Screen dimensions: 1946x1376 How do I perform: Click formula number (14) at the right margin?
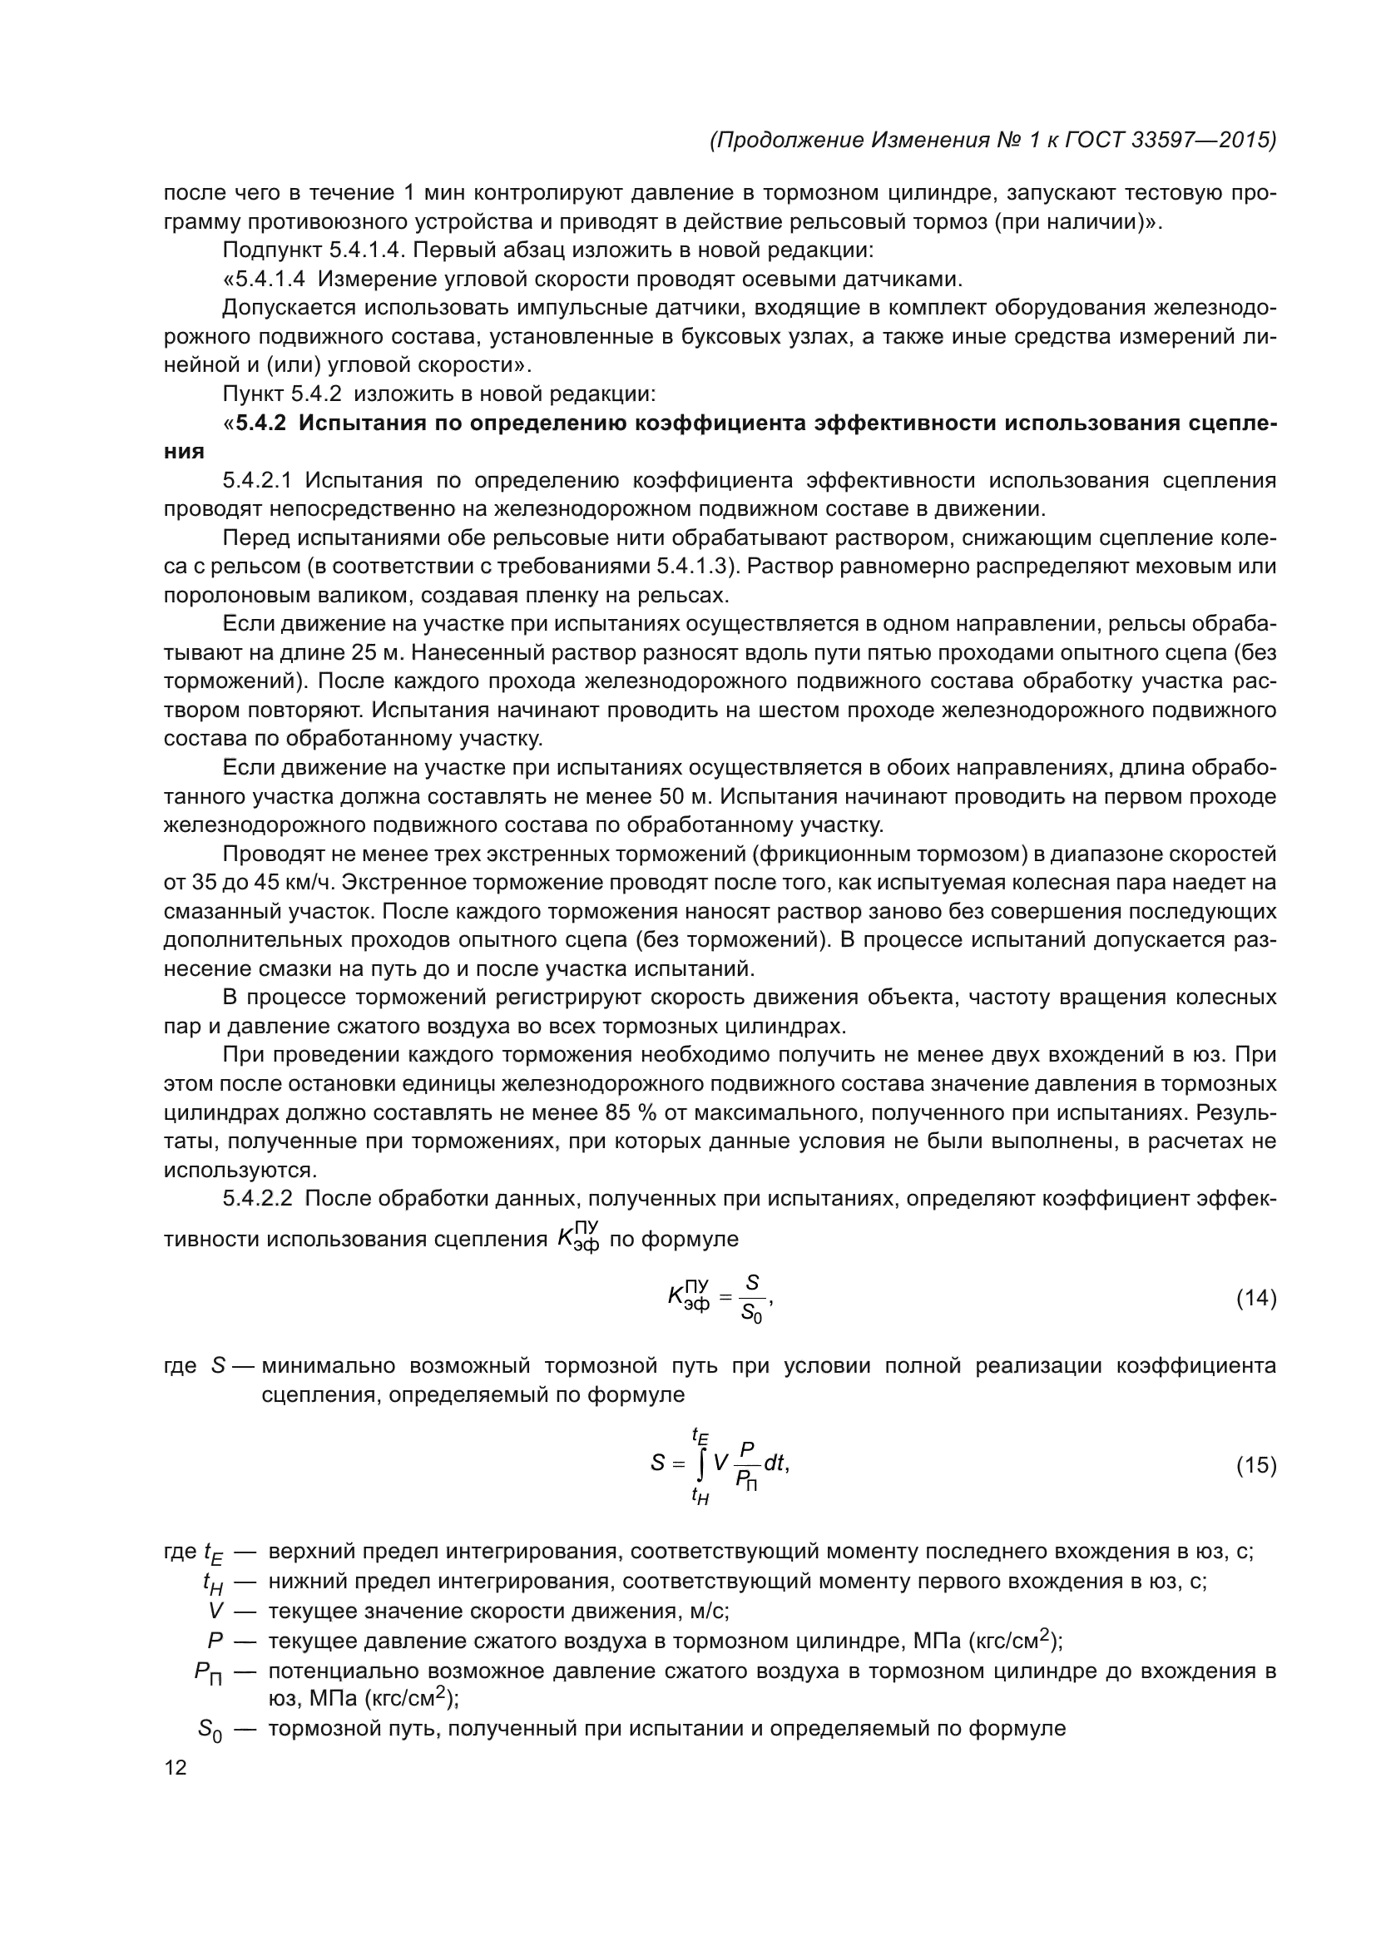(1255, 1299)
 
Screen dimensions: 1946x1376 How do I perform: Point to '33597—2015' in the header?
(1203, 140)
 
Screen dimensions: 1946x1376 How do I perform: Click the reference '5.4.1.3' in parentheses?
(696, 567)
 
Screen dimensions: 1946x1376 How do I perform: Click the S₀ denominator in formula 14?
(751, 1314)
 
